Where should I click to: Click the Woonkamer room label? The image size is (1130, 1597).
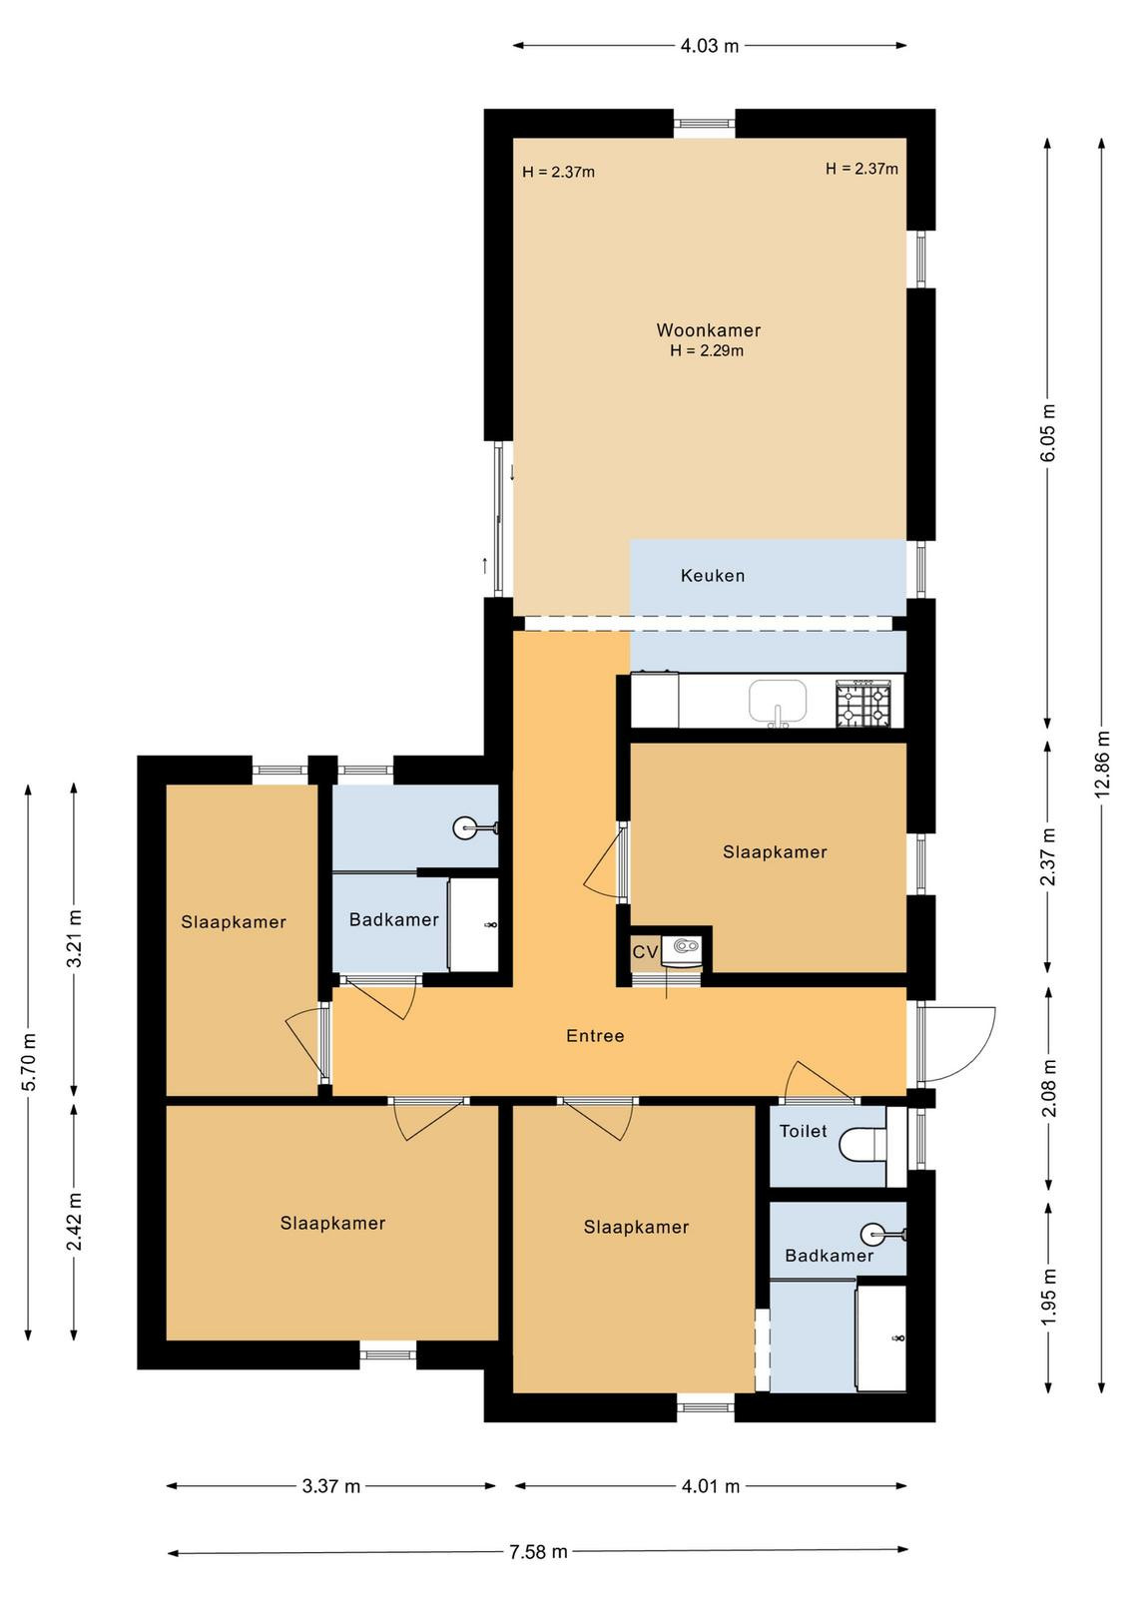pos(708,330)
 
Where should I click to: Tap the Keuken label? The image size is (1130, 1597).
pos(712,575)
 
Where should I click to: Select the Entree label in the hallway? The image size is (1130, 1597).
pos(595,1035)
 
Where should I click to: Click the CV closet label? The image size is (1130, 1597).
pos(645,952)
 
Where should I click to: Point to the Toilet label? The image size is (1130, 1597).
pos(804,1131)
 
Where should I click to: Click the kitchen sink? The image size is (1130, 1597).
pos(777,703)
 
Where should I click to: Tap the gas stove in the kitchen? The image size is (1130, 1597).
pos(863,703)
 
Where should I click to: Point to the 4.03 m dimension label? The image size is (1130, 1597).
pos(710,46)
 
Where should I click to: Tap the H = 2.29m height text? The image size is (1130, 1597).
pos(707,350)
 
